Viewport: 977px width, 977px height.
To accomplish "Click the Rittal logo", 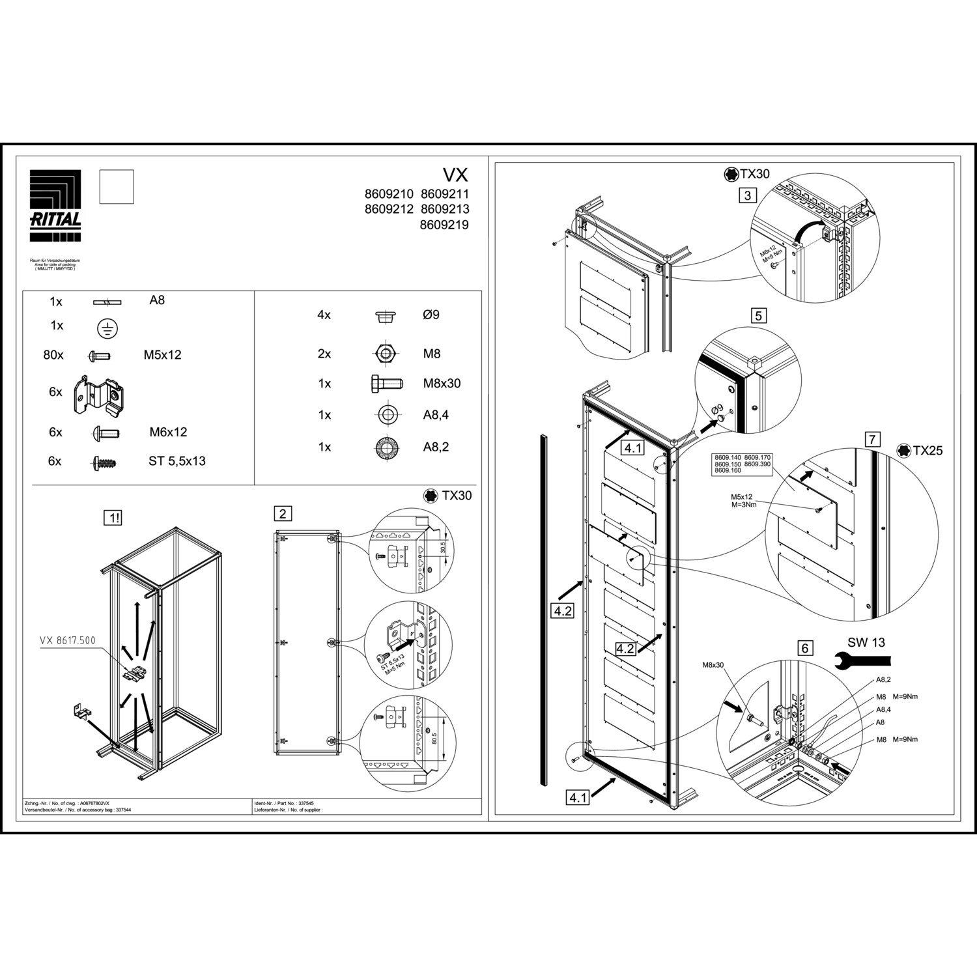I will pyautogui.click(x=55, y=205).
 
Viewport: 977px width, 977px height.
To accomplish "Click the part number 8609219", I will pyautogui.click(x=444, y=225).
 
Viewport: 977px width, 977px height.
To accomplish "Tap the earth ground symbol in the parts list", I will pyautogui.click(x=107, y=329).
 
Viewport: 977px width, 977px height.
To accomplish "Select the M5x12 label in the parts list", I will pyautogui.click(x=162, y=355).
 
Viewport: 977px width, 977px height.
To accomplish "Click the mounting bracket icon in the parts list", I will pyautogui.click(x=98, y=395).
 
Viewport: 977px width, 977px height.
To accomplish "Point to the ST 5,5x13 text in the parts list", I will pyautogui.click(x=177, y=461).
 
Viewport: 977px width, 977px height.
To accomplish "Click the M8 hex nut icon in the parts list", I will pyautogui.click(x=386, y=354).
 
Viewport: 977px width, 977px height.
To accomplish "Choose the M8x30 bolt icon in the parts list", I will pyautogui.click(x=386, y=384).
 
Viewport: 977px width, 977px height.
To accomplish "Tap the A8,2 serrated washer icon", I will pyautogui.click(x=387, y=447).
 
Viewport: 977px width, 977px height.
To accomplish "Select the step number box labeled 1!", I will pyautogui.click(x=114, y=518).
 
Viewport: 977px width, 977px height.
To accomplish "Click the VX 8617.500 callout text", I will pyautogui.click(x=68, y=640).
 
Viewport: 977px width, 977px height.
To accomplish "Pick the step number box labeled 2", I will pyautogui.click(x=283, y=514).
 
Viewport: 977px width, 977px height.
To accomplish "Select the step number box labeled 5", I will pyautogui.click(x=758, y=317).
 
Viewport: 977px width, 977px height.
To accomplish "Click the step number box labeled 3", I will pyautogui.click(x=747, y=195).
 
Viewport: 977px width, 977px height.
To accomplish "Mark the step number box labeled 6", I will pyautogui.click(x=805, y=648).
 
